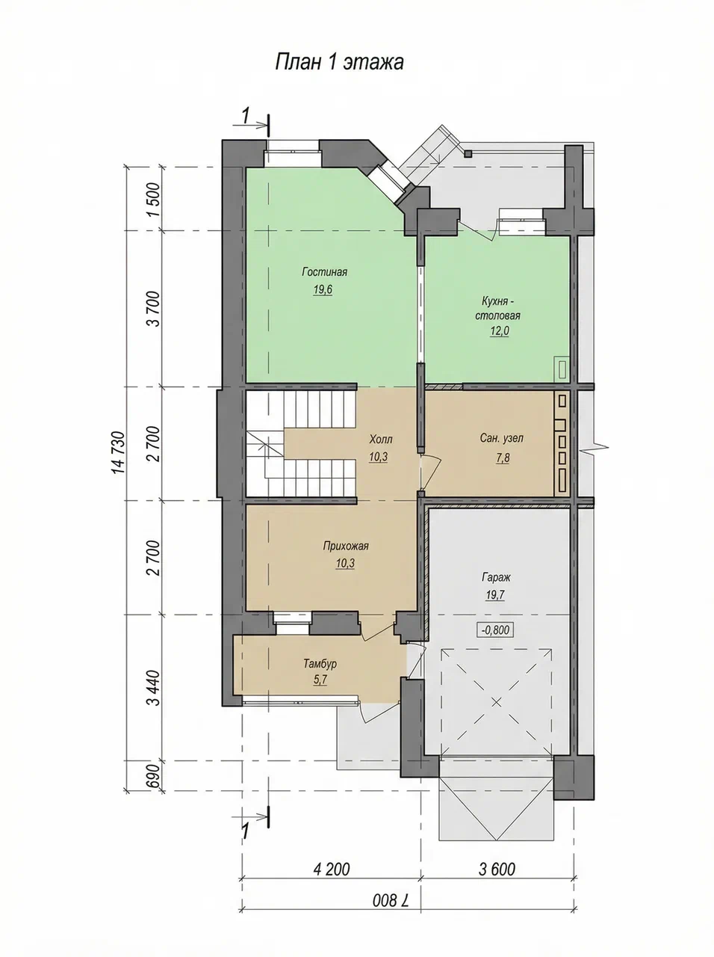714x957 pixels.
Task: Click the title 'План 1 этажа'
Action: [x=339, y=62]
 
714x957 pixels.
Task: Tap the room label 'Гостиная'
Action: [x=325, y=272]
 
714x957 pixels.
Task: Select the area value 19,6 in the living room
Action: [x=322, y=289]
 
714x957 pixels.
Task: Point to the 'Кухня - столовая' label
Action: [x=497, y=308]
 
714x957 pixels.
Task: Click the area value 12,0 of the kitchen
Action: [x=500, y=331]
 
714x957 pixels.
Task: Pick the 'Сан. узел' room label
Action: [x=502, y=438]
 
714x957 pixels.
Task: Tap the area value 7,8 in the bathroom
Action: [x=503, y=458]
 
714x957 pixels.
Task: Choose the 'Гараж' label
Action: [x=496, y=577]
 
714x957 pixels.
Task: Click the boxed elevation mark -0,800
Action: [x=496, y=630]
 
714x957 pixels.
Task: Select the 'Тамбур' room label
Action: [x=320, y=664]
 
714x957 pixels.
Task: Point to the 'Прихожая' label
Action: [x=346, y=546]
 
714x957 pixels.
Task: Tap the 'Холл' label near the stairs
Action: [x=380, y=439]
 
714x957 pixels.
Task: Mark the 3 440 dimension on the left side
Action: [x=154, y=688]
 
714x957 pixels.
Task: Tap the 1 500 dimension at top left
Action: [x=154, y=199]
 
